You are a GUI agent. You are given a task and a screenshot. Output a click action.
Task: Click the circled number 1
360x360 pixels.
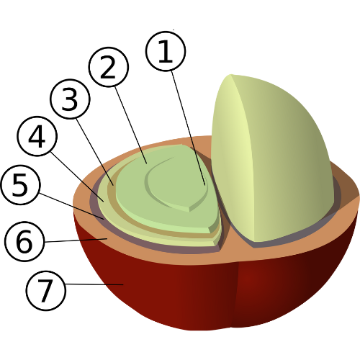166,51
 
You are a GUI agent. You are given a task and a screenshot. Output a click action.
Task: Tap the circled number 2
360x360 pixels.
109,67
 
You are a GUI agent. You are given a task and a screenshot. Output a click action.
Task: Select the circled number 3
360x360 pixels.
70,99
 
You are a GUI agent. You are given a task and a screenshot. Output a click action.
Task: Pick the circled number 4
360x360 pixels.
37,136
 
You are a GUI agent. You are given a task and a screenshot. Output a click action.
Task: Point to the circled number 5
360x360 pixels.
20,184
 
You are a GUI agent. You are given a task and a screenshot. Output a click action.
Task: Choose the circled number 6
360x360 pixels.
24,241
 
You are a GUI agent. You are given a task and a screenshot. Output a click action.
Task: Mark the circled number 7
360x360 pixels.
45,291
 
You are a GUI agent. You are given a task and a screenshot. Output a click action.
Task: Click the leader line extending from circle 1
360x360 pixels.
188,128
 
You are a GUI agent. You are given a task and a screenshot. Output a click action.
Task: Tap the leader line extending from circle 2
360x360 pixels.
131,125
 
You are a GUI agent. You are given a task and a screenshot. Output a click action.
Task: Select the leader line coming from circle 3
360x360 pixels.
94,152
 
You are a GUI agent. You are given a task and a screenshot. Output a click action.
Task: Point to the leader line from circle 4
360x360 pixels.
77,176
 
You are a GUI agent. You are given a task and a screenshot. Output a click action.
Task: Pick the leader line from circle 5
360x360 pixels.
71,206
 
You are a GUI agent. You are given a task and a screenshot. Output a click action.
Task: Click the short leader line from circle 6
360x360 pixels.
76,240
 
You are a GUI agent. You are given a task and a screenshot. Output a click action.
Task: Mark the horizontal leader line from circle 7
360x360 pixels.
94,284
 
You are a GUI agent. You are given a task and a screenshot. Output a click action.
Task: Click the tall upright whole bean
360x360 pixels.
271,158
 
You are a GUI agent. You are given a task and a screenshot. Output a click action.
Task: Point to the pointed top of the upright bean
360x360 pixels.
230,75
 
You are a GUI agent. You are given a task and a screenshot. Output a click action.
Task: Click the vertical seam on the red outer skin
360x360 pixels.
235,295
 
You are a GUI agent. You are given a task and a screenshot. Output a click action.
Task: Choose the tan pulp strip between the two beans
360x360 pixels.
227,238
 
